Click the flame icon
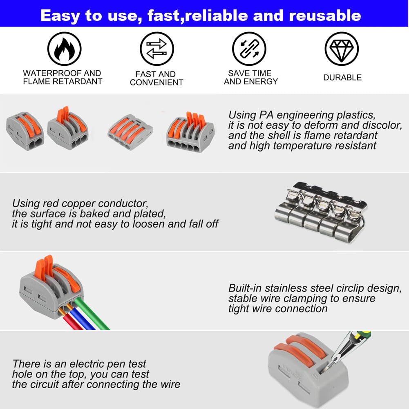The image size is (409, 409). (65, 49)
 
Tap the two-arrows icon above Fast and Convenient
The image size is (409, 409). (157, 49)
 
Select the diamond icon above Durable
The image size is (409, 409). (342, 49)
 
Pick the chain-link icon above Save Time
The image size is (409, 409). (249, 49)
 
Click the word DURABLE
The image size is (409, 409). (342, 78)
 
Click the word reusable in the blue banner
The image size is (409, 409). (325, 16)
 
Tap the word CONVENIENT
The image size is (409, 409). (156, 83)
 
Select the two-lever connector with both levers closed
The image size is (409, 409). (25, 131)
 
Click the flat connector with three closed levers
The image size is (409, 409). (130, 132)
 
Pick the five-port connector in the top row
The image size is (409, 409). (190, 132)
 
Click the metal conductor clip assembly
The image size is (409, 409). (321, 212)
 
